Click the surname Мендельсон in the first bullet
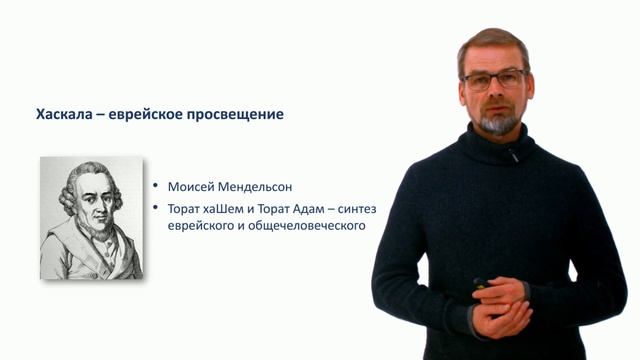(x=245, y=186)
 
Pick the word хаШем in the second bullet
(x=227, y=208)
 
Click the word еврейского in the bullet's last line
(x=200, y=226)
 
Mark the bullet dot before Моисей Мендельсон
(x=156, y=187)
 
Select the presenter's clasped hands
(x=500, y=305)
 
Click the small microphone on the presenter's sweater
(x=511, y=155)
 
